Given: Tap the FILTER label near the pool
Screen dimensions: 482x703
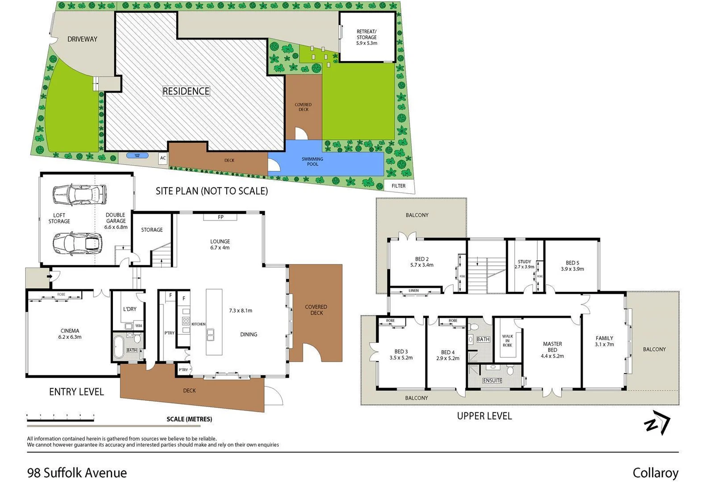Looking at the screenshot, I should click(399, 186).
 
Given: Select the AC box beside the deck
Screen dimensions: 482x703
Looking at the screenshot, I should click(163, 158).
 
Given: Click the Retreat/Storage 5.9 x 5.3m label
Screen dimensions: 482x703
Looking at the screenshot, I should click(366, 37).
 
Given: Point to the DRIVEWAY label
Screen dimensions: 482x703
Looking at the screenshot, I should click(82, 39).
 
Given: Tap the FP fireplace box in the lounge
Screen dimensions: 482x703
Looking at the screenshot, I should click(220, 217).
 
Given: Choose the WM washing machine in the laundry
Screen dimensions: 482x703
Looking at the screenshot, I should click(138, 326).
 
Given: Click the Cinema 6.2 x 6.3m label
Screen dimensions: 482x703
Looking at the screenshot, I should click(70, 334).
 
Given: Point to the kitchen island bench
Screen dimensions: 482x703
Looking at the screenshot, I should click(214, 322).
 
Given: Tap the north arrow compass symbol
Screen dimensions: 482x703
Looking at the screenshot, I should click(657, 423).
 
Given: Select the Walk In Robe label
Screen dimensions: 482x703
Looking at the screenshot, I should click(507, 341).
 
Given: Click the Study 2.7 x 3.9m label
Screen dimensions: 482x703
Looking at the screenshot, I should click(524, 264).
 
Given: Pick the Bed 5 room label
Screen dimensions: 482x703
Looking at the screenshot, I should click(572, 266).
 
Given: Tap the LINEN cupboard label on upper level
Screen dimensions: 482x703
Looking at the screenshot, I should click(413, 291).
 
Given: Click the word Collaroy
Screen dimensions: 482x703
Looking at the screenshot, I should click(655, 473).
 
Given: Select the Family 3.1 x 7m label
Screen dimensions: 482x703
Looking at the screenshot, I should click(604, 341).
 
